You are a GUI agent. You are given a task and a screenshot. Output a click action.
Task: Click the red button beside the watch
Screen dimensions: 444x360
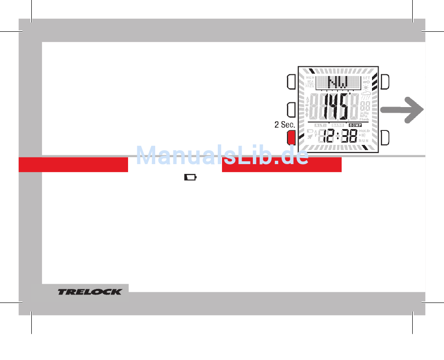[x=291, y=137]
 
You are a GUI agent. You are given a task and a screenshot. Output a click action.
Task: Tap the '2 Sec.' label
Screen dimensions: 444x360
[x=284, y=125]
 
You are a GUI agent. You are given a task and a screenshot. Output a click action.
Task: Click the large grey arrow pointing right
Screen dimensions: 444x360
[x=402, y=110]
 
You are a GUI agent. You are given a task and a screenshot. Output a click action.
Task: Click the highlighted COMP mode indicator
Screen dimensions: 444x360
[x=355, y=125]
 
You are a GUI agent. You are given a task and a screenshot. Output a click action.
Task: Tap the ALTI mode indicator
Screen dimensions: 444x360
[x=320, y=125]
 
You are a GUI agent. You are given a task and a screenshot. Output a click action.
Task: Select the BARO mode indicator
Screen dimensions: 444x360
[x=337, y=125]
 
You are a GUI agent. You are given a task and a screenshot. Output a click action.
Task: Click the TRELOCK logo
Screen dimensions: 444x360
[x=90, y=292]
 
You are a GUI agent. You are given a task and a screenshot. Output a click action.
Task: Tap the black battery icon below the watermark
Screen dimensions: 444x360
[x=190, y=178]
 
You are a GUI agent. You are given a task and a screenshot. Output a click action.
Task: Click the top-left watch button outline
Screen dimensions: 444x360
[x=291, y=81]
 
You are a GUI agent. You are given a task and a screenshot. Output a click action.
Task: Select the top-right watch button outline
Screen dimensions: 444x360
[x=385, y=81]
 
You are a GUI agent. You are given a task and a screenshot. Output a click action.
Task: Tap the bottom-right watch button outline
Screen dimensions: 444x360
[x=385, y=137]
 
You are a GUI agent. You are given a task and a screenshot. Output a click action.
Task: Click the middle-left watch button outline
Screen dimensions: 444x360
[x=291, y=109]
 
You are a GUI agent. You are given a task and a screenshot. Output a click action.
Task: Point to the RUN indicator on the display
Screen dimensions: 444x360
[x=364, y=141]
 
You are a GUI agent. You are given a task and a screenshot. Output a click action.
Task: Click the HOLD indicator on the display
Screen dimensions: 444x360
[x=364, y=131]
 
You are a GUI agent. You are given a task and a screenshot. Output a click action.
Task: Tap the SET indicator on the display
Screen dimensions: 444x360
[x=366, y=78]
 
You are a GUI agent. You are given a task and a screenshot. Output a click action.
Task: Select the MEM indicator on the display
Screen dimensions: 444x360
[x=310, y=78]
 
